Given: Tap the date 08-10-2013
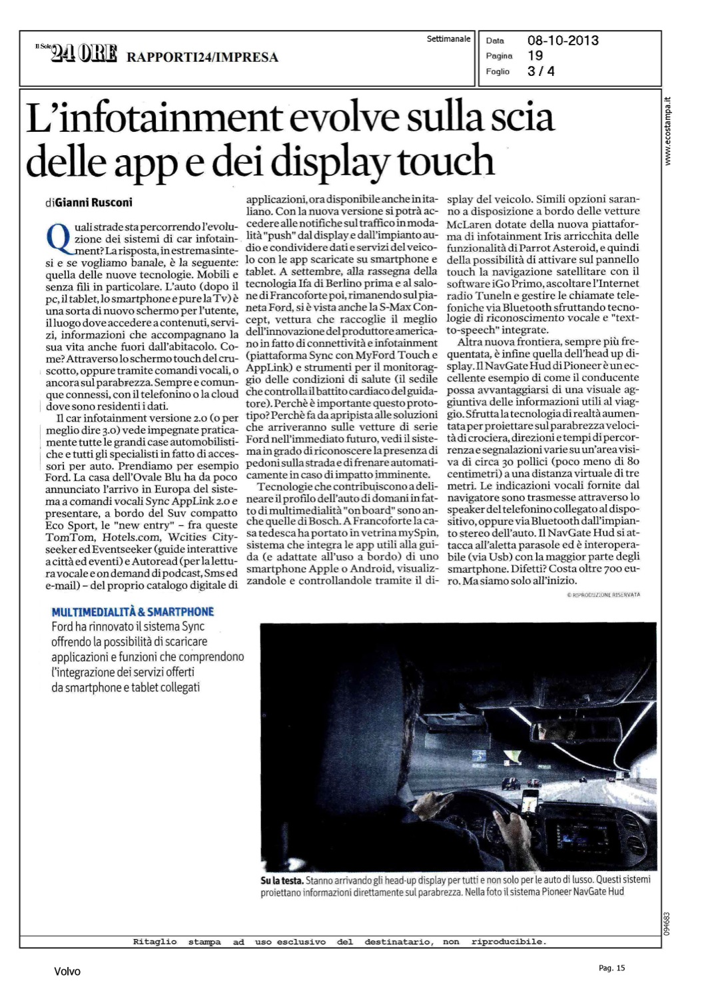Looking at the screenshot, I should click(563, 41).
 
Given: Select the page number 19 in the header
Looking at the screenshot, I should click(535, 56).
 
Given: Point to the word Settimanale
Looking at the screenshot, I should click(448, 39).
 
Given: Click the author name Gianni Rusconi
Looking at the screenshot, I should click(93, 202).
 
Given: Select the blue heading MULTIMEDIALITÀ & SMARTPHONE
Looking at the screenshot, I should click(133, 611).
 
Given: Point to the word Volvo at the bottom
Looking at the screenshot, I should click(67, 972).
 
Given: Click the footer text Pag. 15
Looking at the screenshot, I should click(611, 968).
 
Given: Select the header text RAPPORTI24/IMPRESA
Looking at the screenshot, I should click(202, 57).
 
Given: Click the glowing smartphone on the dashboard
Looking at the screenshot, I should click(530, 802).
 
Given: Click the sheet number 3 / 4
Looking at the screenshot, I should click(541, 71).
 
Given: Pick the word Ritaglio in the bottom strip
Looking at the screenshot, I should click(155, 942).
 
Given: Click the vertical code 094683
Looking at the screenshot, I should click(668, 924).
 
